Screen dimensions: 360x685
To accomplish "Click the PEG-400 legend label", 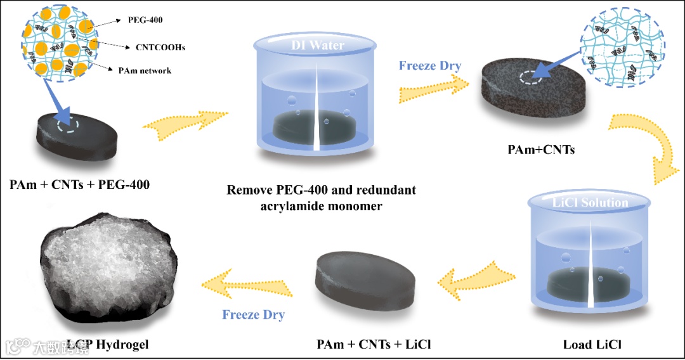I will point(145,20).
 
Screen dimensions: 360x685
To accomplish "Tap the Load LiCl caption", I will point(592,345).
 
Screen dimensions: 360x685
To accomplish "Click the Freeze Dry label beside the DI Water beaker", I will point(430,65).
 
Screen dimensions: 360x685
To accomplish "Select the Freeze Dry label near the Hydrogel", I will point(253,314).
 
